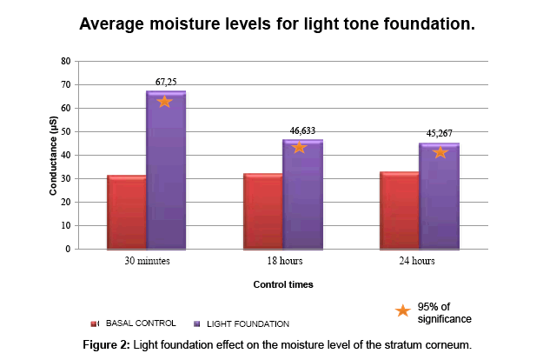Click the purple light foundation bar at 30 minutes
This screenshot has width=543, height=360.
pyautogui.click(x=166, y=174)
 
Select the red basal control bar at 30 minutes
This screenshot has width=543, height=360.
pyautogui.click(x=127, y=212)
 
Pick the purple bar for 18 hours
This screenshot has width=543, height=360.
pyautogui.click(x=302, y=195)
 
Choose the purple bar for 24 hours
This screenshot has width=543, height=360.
pyautogui.click(x=439, y=197)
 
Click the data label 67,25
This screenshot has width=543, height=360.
pyautogui.click(x=166, y=82)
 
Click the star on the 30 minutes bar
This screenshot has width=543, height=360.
pyautogui.click(x=164, y=102)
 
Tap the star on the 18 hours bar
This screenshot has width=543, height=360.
pyautogui.click(x=300, y=147)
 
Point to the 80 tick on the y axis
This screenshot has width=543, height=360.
pyautogui.click(x=64, y=62)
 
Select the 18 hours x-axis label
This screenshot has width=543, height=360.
pyautogui.click(x=283, y=260)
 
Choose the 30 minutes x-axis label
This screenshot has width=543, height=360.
pyautogui.click(x=146, y=260)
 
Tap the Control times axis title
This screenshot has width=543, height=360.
pyautogui.click(x=283, y=284)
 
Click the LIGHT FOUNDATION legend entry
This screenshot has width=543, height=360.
pyautogui.click(x=242, y=323)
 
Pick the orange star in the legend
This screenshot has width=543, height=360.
pyautogui.click(x=402, y=311)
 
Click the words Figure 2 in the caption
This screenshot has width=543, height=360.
pyautogui.click(x=105, y=345)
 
